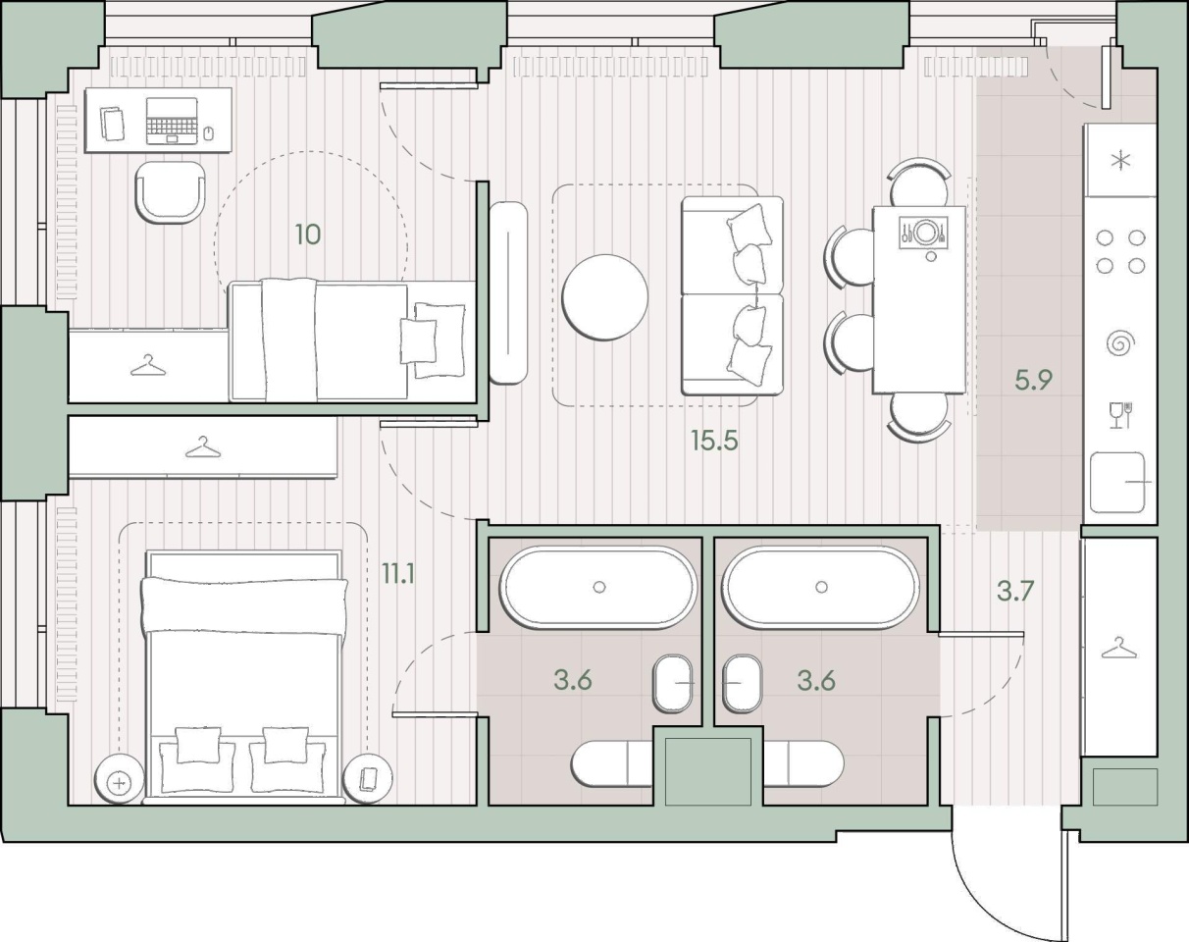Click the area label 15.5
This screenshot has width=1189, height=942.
point(714,442)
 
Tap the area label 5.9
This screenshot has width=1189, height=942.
point(1033,380)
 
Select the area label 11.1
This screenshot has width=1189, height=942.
point(398,574)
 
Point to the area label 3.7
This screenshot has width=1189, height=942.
point(1015,591)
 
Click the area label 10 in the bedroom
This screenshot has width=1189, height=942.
point(308,235)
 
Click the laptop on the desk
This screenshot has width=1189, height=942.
point(172,122)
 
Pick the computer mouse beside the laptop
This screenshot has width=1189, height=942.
point(208,133)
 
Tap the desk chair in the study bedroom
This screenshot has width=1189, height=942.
point(171,191)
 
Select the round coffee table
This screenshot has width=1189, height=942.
point(605,297)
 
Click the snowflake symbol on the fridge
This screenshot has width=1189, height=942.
point(1120,161)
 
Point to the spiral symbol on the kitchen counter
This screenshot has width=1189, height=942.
point(1121,343)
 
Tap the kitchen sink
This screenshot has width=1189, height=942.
point(1116,483)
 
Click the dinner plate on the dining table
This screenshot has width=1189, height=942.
point(924,232)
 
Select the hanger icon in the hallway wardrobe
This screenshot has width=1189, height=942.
point(1119,648)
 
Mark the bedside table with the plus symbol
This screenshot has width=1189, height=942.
point(119,782)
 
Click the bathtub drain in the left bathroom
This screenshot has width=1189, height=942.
point(599,587)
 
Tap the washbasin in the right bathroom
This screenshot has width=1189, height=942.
point(742,684)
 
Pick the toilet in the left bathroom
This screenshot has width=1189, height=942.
point(612,763)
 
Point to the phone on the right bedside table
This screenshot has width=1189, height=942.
point(368,779)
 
